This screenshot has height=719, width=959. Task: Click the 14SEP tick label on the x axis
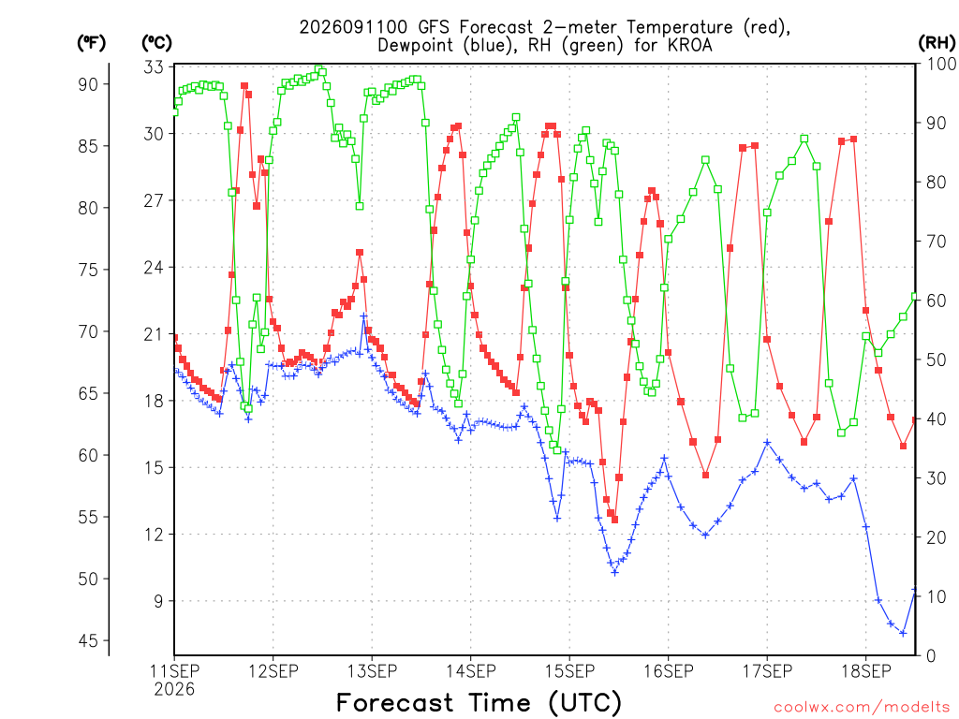point(470,670)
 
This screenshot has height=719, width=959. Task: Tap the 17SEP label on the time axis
point(767,670)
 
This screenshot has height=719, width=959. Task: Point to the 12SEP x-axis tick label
point(273,670)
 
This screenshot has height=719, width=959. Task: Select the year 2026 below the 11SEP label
point(174,690)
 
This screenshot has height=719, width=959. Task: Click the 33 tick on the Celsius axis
point(154,66)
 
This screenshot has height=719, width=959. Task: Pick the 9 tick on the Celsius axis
point(158,601)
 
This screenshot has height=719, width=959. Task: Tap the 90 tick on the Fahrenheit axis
point(88,84)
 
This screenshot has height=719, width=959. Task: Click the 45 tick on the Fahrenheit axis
point(88,640)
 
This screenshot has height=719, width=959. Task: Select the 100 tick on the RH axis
point(941,64)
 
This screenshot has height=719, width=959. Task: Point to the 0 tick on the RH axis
point(932,656)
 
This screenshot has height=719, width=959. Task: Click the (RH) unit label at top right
point(937,42)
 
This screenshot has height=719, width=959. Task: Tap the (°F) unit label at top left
point(91,43)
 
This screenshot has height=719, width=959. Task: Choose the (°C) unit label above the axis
point(156,43)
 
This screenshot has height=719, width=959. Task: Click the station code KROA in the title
point(688,45)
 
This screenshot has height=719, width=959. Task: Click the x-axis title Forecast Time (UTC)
point(479,702)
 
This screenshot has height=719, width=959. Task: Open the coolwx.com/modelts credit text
point(862,708)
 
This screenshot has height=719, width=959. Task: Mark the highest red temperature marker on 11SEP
point(244,86)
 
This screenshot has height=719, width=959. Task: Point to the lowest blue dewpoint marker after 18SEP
point(903,634)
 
